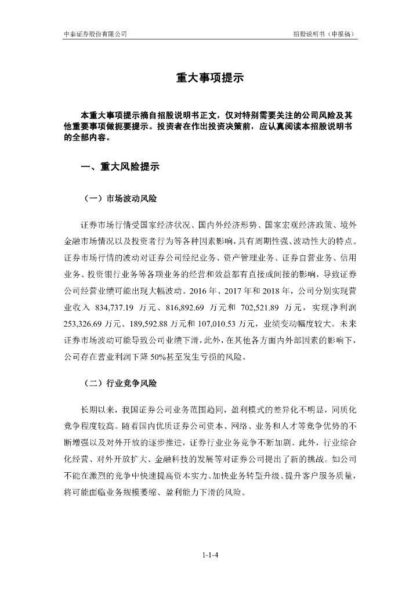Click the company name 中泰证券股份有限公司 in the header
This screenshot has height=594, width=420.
(95, 34)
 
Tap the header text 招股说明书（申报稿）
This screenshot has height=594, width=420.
(325, 34)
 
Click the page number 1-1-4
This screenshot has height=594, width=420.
(210, 555)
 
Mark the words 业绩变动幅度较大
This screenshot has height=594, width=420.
(285, 323)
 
